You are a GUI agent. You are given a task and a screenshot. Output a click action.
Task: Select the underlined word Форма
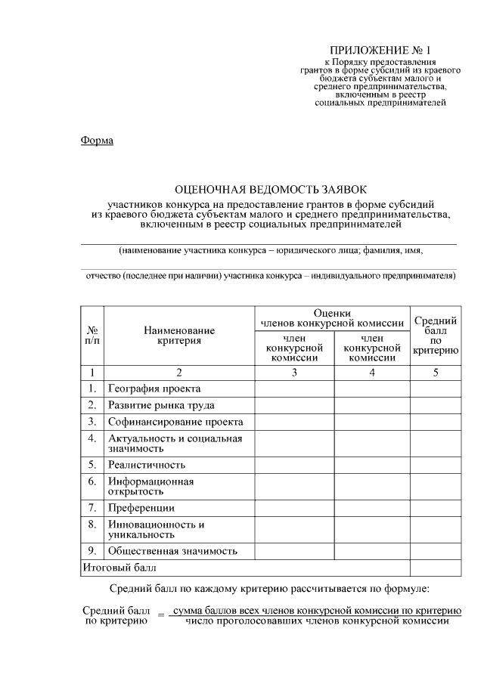[96, 141]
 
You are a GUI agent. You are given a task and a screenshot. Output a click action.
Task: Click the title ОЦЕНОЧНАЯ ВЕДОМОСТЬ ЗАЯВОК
[269, 190]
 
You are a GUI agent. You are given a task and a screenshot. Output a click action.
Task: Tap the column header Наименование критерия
[179, 336]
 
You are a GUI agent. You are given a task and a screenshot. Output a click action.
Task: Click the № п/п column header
[92, 336]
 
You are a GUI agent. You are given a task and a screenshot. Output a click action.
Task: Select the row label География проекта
[154, 388]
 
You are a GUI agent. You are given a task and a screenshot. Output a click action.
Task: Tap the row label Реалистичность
[147, 465]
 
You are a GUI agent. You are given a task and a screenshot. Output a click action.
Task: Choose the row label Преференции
[141, 508]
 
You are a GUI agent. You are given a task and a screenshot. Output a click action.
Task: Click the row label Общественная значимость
[173, 551]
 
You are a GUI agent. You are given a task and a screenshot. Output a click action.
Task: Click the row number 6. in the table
[92, 481]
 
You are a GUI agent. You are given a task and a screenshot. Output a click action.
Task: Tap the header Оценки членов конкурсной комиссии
[332, 318]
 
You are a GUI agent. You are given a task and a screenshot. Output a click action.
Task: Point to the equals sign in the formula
[160, 616]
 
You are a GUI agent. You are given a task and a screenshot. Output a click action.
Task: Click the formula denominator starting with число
[312, 622]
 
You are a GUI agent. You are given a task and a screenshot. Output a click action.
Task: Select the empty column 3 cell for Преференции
[294, 508]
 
